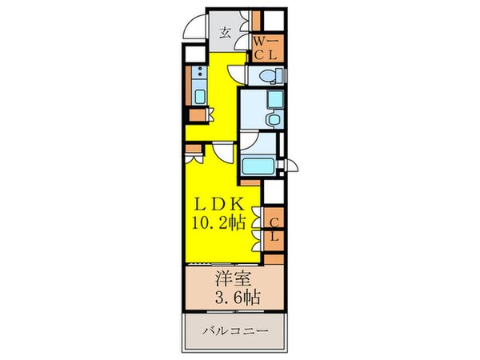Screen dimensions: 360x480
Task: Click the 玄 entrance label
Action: click(x=226, y=34)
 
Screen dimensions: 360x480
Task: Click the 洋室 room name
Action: click(x=232, y=283)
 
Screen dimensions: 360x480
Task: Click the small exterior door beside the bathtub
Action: click(x=293, y=166)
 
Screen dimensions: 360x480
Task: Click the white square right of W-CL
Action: click(x=274, y=22)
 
